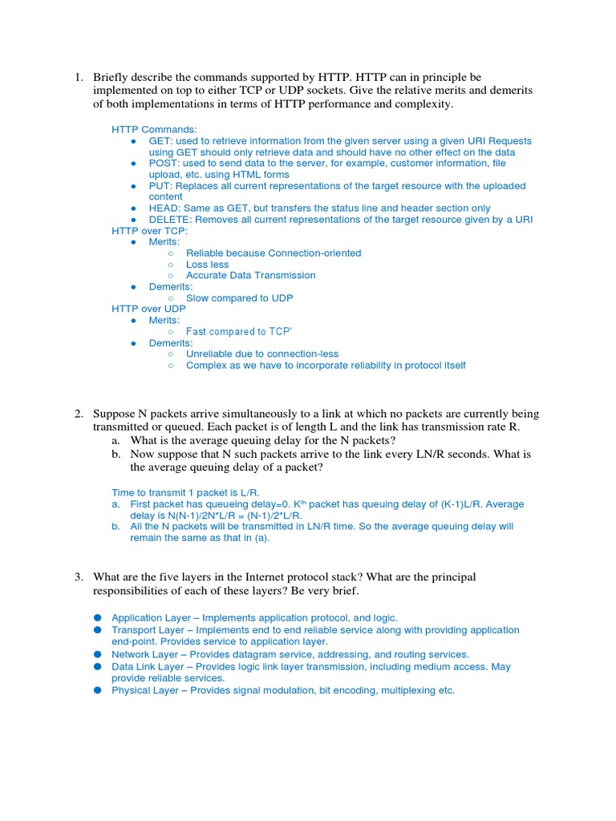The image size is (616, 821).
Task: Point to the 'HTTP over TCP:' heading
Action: (150, 231)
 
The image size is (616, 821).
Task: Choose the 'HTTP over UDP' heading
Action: (148, 309)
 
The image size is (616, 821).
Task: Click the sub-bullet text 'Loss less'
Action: (207, 265)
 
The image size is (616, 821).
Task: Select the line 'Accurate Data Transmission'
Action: (250, 275)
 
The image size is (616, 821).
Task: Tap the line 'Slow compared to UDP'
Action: (239, 298)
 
